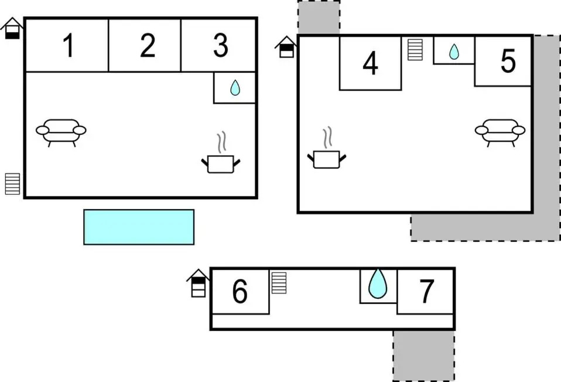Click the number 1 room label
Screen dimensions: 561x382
click(69, 45)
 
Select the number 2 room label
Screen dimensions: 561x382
click(148, 45)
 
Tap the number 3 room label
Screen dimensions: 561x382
click(221, 45)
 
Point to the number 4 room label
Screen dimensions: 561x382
click(370, 63)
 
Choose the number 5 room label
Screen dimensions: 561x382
click(508, 61)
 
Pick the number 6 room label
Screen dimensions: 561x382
click(240, 291)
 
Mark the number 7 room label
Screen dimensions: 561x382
click(426, 291)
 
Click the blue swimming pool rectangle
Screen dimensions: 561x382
click(139, 227)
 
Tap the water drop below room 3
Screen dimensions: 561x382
click(235, 88)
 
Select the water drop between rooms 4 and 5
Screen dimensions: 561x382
click(454, 52)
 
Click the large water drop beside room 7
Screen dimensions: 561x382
click(378, 284)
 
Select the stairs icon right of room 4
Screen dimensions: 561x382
click(415, 50)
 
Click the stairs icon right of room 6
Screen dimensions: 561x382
click(279, 283)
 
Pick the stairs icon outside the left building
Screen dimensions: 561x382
click(12, 184)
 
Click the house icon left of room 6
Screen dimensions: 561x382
click(198, 283)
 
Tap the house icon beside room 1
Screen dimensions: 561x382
click(12, 28)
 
